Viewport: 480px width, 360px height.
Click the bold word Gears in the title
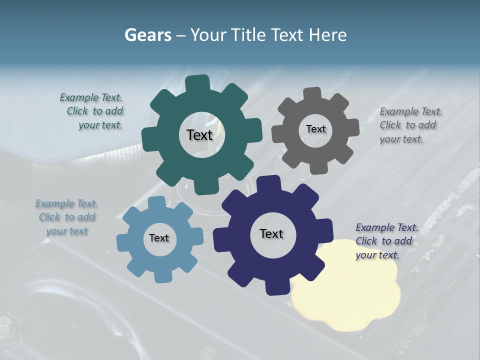tap(147, 34)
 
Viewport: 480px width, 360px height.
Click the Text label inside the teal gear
tap(199, 135)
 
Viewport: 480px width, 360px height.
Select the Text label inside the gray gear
tap(315, 129)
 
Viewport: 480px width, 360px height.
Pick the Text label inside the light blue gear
tap(159, 238)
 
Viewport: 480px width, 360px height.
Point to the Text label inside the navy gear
tap(271, 233)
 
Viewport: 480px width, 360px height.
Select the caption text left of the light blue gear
tap(66, 217)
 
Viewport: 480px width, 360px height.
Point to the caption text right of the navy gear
tap(386, 241)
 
